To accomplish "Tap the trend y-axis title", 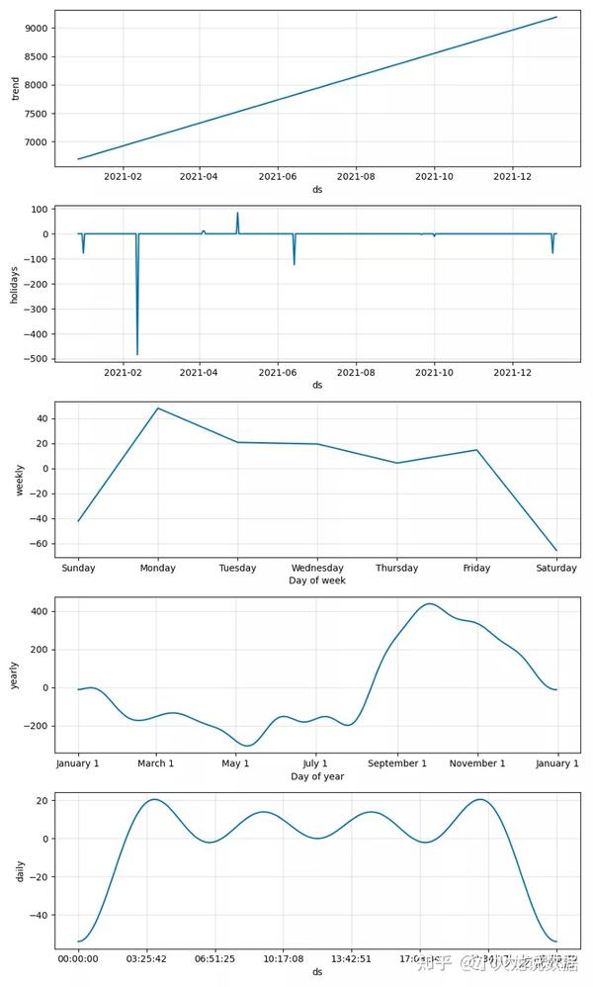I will pyautogui.click(x=14, y=90).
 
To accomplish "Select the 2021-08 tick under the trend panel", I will pyautogui.click(x=356, y=176).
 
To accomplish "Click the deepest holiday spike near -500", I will pyautogui.click(x=137, y=353).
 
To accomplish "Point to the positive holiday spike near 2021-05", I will pyautogui.click(x=237, y=214).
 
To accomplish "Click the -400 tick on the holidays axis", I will pyautogui.click(x=36, y=333).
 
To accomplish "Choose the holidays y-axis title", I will pyautogui.click(x=14, y=285).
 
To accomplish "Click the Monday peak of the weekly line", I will pyautogui.click(x=158, y=408).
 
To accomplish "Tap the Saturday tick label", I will pyautogui.click(x=556, y=569).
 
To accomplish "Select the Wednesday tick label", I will pyautogui.click(x=317, y=569).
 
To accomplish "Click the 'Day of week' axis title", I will pyautogui.click(x=317, y=581).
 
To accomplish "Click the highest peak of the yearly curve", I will pyautogui.click(x=430, y=604).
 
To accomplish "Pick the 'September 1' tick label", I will pyautogui.click(x=396, y=763).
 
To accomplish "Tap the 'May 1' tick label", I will pyautogui.click(x=235, y=763).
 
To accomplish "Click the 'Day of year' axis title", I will pyautogui.click(x=317, y=776).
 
